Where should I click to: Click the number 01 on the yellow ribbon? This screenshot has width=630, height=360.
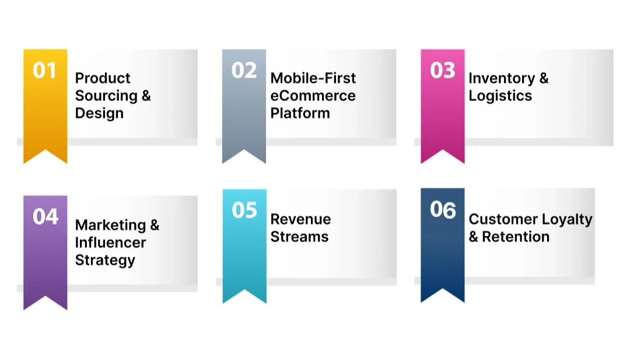point(45,71)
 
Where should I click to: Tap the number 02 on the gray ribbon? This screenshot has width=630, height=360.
point(244,71)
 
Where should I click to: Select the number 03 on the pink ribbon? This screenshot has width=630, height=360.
point(442,71)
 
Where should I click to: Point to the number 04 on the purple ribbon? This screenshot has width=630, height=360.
point(45,217)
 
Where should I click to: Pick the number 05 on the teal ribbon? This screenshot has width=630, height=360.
point(244,210)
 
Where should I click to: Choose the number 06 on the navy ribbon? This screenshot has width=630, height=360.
point(442,210)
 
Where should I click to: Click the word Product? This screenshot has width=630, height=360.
point(103,78)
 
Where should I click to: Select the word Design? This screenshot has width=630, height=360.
point(99,113)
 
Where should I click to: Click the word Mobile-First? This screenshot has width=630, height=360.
point(313,78)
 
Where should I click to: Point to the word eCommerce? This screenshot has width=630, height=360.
point(313,96)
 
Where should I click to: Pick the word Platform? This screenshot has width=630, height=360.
point(300,113)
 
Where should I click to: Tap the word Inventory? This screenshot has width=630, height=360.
point(501,78)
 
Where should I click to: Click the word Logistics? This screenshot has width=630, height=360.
point(500,96)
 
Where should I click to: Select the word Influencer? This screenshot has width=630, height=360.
point(111,243)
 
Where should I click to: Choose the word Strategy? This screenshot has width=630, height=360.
point(105,260)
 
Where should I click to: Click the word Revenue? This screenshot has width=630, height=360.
point(300,219)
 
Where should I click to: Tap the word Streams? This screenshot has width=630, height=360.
point(299,237)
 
